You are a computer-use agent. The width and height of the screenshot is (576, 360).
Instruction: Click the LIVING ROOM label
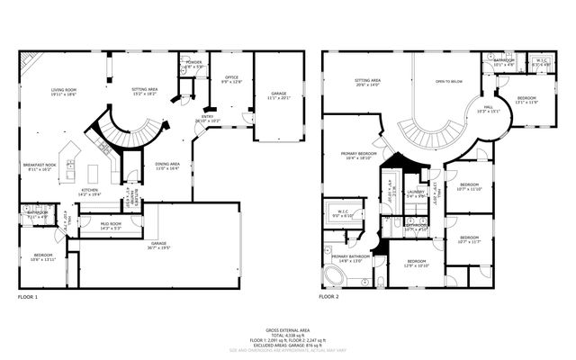(64, 91)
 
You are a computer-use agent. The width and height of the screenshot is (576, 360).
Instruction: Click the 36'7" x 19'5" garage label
(159, 243)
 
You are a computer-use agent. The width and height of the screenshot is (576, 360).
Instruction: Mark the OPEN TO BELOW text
(447, 82)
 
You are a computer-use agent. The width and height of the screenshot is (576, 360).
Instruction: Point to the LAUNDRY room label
(415, 193)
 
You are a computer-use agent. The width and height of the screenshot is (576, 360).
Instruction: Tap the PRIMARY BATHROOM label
(351, 258)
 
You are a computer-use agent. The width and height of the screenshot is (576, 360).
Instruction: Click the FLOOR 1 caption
(28, 296)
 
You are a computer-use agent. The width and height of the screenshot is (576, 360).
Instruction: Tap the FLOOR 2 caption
(328, 296)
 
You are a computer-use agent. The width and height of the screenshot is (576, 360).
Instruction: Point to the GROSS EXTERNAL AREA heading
(287, 330)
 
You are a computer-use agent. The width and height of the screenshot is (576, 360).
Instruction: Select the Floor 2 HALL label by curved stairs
(486, 109)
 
